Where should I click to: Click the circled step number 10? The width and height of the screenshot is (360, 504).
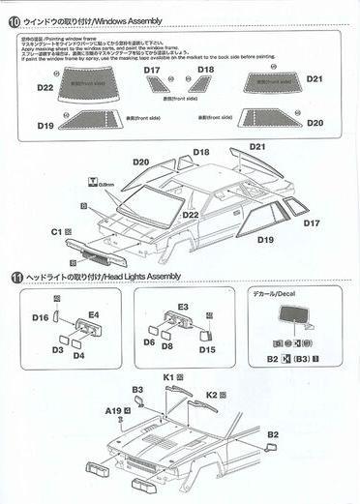pyautogui.click(x=13, y=12)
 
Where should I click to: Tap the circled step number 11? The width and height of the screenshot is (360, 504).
pyautogui.click(x=13, y=277)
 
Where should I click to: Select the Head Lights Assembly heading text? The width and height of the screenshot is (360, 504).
pyautogui.click(x=145, y=277)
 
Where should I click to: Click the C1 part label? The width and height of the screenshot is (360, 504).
pyautogui.click(x=56, y=232)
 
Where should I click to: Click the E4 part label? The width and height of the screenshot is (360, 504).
pyautogui.click(x=94, y=315)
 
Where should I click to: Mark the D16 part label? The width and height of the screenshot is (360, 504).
pyautogui.click(x=40, y=317)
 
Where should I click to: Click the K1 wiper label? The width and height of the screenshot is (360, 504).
pyautogui.click(x=168, y=376)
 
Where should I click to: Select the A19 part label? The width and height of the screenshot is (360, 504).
pyautogui.click(x=112, y=410)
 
